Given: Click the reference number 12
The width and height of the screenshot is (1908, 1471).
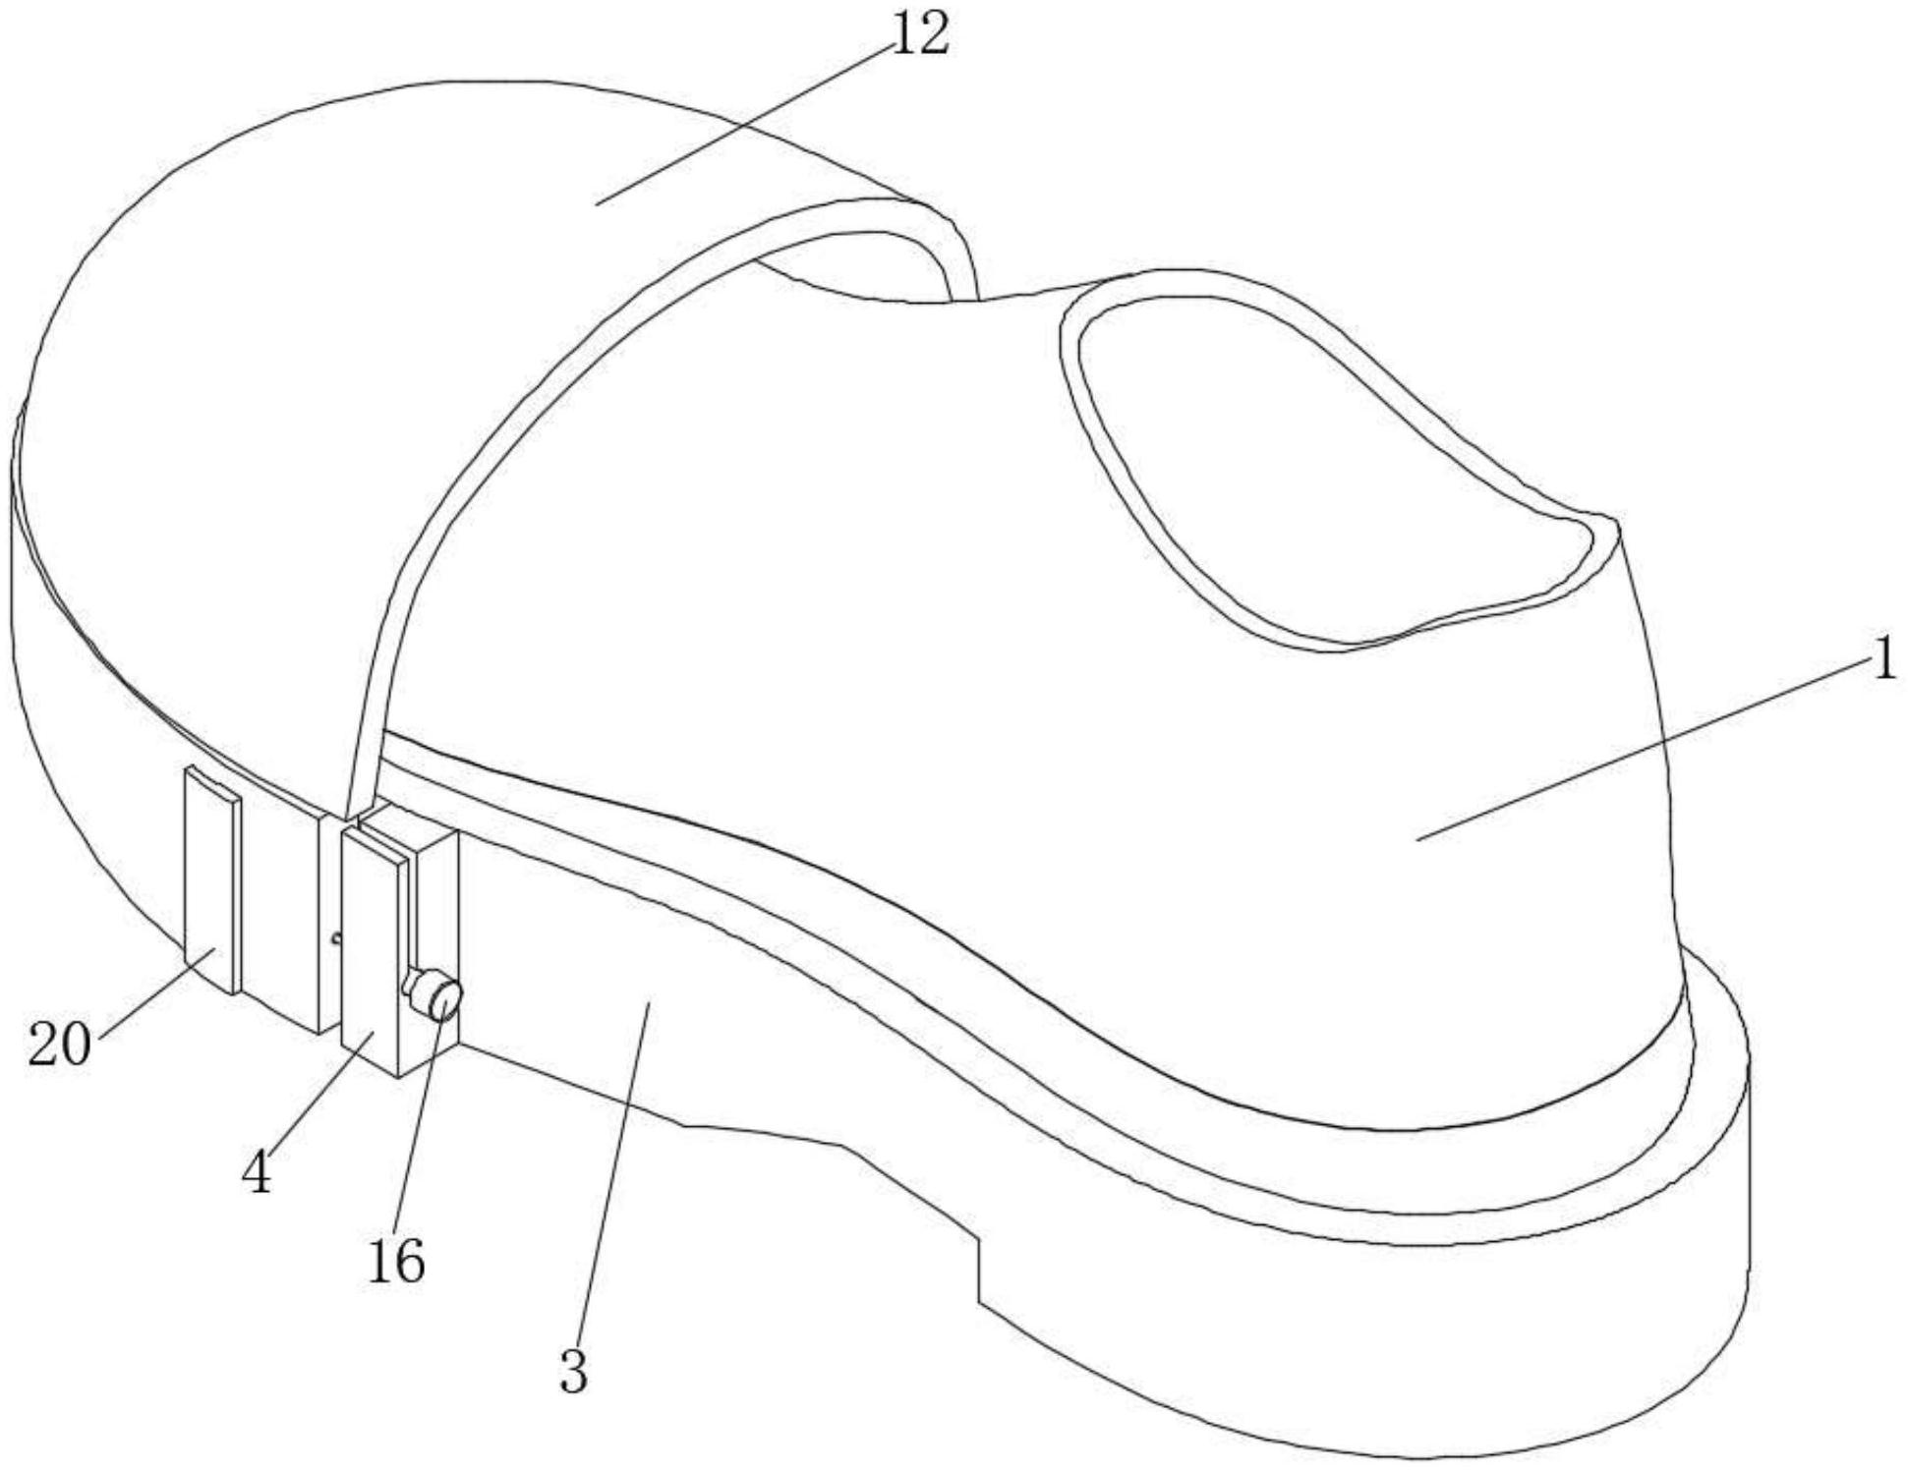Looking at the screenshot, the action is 920,35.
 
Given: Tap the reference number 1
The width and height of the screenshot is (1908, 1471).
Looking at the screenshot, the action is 1882,662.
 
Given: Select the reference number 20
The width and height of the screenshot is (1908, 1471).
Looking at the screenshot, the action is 59,1045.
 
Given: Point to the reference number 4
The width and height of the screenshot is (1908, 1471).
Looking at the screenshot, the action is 257,1173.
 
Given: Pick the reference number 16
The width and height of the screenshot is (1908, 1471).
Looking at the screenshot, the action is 396,1262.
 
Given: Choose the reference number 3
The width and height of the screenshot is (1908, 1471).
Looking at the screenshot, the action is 573,1371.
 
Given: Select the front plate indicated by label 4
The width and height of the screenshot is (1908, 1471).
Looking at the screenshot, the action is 372,943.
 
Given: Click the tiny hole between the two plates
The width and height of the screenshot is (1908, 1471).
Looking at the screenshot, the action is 337,937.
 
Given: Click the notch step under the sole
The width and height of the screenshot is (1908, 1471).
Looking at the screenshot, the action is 979,1268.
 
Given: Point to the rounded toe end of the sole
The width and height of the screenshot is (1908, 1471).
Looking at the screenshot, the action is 1710,1179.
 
